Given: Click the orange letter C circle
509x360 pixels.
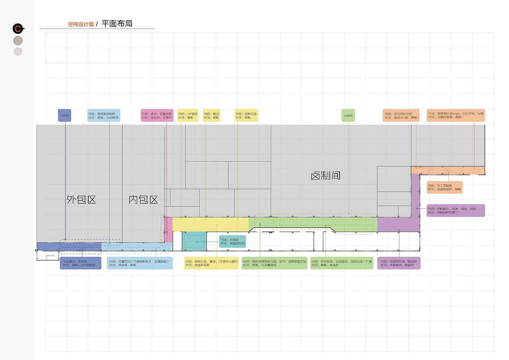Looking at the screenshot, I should point(18,29).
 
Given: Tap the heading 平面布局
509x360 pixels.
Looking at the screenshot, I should point(117,23).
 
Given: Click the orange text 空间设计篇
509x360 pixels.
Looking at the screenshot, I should point(81,24).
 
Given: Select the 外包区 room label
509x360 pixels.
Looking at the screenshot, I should point(82,199).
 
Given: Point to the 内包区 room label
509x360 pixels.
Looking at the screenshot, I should point(143,199).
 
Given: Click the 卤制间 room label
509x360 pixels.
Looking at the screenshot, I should point(326,175).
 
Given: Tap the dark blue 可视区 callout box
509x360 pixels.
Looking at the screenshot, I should point(64,116).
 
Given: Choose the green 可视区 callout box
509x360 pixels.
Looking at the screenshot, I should point(348,116).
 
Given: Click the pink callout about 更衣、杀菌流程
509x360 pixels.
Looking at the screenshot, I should point(157,116).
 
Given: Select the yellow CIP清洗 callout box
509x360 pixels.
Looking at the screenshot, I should point(188,116).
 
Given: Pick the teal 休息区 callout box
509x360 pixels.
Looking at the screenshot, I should point(233,241).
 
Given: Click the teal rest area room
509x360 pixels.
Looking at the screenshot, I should point(194,241).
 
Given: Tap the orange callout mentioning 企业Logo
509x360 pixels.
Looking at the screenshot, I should point(456,115).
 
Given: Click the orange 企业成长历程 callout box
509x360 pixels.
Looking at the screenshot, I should point(401,116).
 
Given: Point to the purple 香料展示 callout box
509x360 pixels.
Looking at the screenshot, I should point(456,210).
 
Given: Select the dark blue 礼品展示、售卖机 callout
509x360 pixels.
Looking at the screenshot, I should point(80,263).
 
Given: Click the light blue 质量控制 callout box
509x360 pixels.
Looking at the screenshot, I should point(140,263).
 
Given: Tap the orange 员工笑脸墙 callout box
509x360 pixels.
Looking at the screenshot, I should point(445,187).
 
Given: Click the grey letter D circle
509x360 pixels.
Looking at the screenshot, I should point(18,41).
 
